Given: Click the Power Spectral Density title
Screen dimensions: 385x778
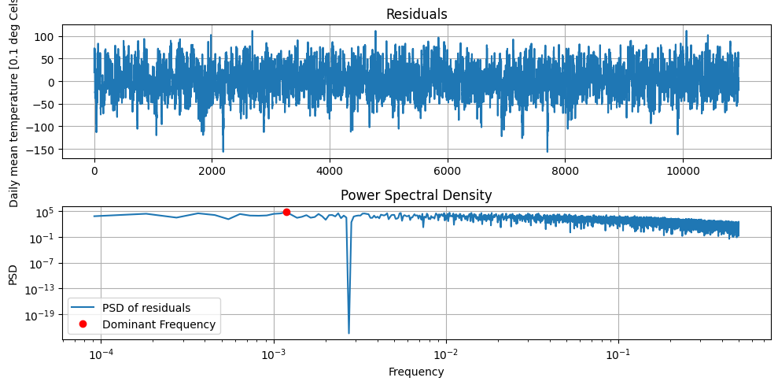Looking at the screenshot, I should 416,196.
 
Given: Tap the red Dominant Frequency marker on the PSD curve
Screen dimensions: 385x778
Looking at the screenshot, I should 286,212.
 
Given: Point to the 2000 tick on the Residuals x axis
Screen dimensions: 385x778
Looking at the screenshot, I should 212,168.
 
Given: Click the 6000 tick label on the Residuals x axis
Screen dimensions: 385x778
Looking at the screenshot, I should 448,168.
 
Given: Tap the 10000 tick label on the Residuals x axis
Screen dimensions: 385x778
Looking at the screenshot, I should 683,168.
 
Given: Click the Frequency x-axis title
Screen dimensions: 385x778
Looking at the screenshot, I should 416,372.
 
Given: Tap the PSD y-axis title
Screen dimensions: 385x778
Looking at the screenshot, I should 13,274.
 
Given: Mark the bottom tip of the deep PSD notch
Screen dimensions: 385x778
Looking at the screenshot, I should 348,333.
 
